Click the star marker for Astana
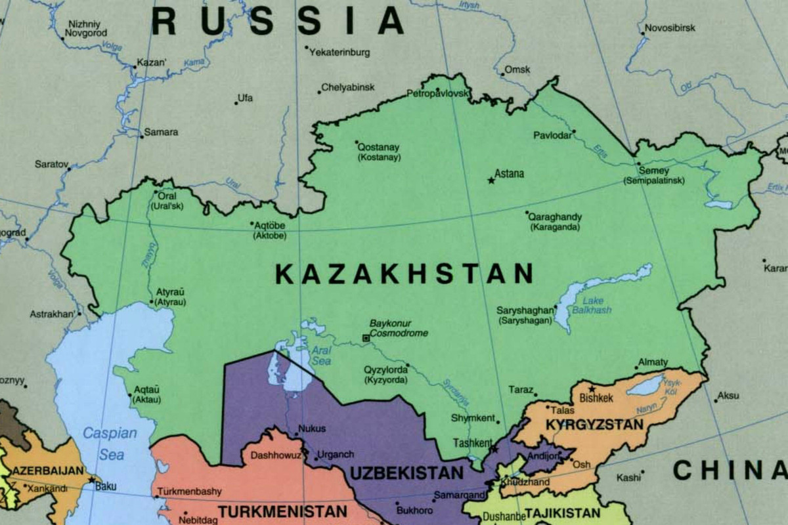tap(491, 180)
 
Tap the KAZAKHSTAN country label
tap(404, 274)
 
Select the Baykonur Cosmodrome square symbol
tap(366, 338)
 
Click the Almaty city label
tap(655, 362)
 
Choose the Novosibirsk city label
tap(670, 28)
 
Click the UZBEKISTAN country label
tap(406, 473)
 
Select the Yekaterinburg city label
tap(339, 52)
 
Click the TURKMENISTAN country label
tap(282, 511)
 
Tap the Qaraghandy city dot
tap(527, 213)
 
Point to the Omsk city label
tap(517, 70)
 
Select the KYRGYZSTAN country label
tap(594, 425)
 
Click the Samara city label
tap(161, 132)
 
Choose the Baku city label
tap(106, 486)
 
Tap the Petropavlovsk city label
tap(439, 94)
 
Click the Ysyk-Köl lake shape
tap(647, 385)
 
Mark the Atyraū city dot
tap(152, 303)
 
